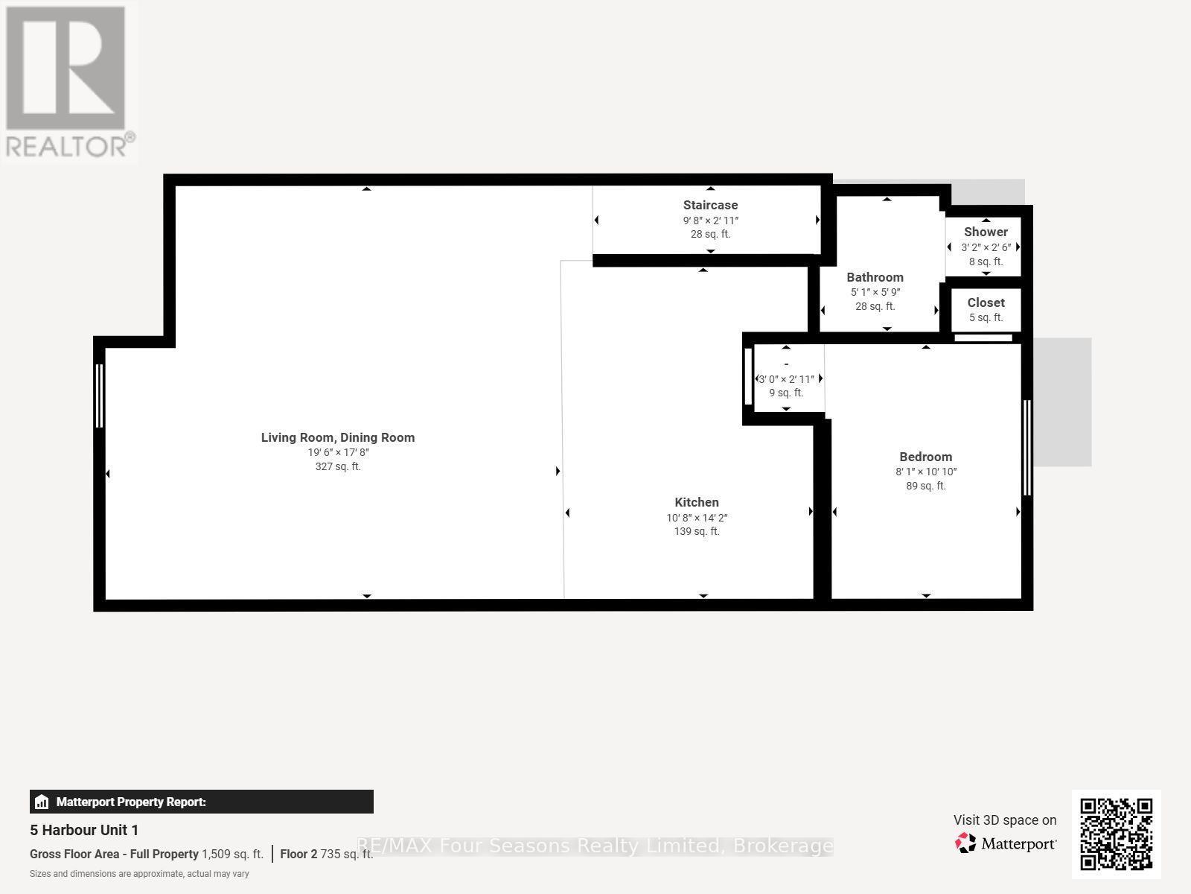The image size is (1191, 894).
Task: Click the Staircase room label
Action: [x=710, y=205]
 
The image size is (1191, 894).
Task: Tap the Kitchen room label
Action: [x=697, y=503]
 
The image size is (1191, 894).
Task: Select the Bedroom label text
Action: [x=926, y=457]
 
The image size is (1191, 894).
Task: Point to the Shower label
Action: [x=986, y=232]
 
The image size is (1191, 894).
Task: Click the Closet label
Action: [x=986, y=303]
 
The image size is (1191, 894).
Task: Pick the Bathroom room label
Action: [x=875, y=277]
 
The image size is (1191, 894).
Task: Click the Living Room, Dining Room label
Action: [x=338, y=437]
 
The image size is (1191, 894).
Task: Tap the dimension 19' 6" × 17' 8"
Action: [x=338, y=452]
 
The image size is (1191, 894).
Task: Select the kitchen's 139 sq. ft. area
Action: [x=697, y=531]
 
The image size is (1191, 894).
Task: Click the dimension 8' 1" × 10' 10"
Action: [x=926, y=472]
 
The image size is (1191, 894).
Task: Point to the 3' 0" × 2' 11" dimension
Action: [x=786, y=379]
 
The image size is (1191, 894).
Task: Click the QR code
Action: [x=1116, y=834]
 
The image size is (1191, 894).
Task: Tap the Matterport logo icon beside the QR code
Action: [x=965, y=843]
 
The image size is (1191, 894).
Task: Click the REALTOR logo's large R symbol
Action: [x=65, y=68]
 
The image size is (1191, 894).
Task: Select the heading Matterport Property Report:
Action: [x=131, y=802]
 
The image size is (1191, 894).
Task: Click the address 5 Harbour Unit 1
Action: [x=84, y=830]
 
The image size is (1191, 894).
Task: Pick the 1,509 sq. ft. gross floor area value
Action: [x=232, y=854]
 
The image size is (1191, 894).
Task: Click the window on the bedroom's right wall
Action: [x=1027, y=448]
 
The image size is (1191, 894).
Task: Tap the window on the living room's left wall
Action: [x=99, y=396]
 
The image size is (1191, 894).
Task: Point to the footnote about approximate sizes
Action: [x=139, y=874]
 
